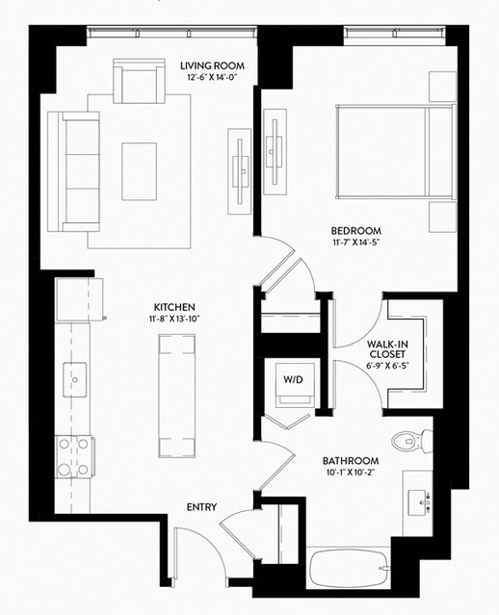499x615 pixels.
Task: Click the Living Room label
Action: tap(212, 65)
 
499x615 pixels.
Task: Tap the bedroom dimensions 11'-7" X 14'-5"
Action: tap(355, 242)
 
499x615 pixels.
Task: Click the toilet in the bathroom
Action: tap(412, 441)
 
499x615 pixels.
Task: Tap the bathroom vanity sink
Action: tap(419, 502)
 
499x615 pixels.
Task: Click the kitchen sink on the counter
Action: tap(75, 379)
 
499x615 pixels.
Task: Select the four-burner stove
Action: tap(74, 456)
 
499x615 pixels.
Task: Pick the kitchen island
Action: tap(176, 396)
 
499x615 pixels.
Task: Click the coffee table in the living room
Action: tap(139, 171)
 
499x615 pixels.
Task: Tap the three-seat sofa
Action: tap(73, 171)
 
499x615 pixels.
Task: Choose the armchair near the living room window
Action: tap(139, 81)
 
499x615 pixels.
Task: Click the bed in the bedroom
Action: tap(396, 152)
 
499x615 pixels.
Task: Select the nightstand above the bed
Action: tap(442, 87)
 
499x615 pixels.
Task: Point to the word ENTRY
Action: tap(201, 507)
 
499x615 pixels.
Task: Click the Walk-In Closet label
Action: tap(387, 349)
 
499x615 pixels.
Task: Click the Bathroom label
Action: tap(351, 461)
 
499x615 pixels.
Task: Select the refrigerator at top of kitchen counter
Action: tap(80, 300)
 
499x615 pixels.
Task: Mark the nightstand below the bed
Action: tap(442, 217)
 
